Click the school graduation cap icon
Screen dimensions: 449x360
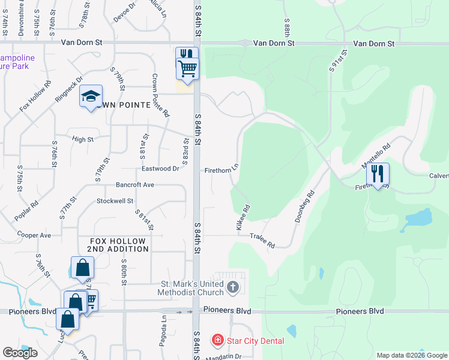tap(91, 97)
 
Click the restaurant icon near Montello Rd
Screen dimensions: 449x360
tap(378, 174)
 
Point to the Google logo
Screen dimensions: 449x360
tap(20, 353)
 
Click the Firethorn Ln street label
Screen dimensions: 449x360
tap(221, 170)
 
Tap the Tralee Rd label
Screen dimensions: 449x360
tap(262, 241)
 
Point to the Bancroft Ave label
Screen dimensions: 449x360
tap(135, 185)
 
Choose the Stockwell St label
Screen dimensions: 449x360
tap(115, 201)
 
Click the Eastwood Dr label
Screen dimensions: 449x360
tap(159, 169)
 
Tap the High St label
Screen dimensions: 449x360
tap(83, 139)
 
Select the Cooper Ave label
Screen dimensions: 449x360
tap(34, 235)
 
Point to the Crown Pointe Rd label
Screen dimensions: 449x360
tap(160, 95)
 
